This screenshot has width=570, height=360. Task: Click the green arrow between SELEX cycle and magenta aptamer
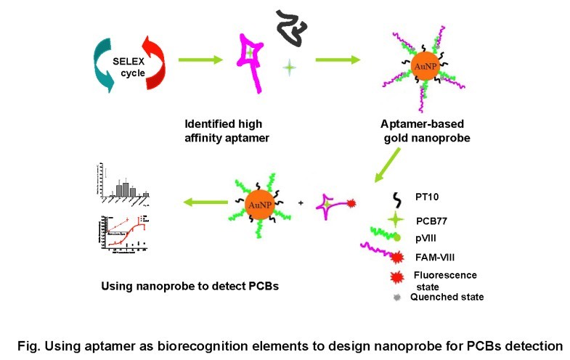coord(200,60)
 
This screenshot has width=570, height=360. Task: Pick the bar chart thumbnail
coord(123,181)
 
